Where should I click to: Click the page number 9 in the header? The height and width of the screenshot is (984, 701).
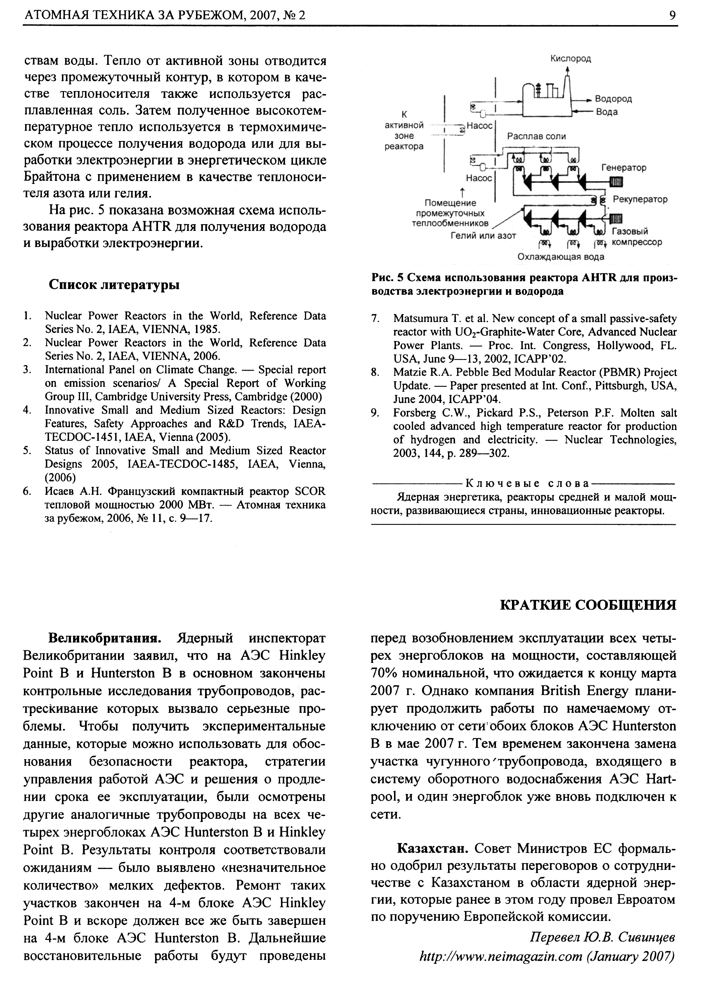tap(672, 15)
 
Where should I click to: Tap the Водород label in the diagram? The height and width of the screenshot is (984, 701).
tap(613, 99)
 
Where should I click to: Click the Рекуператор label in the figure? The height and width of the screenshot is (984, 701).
tap(640, 199)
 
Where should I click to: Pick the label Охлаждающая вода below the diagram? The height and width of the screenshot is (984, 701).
tap(561, 257)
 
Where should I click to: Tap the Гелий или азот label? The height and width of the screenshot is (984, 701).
tap(483, 236)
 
